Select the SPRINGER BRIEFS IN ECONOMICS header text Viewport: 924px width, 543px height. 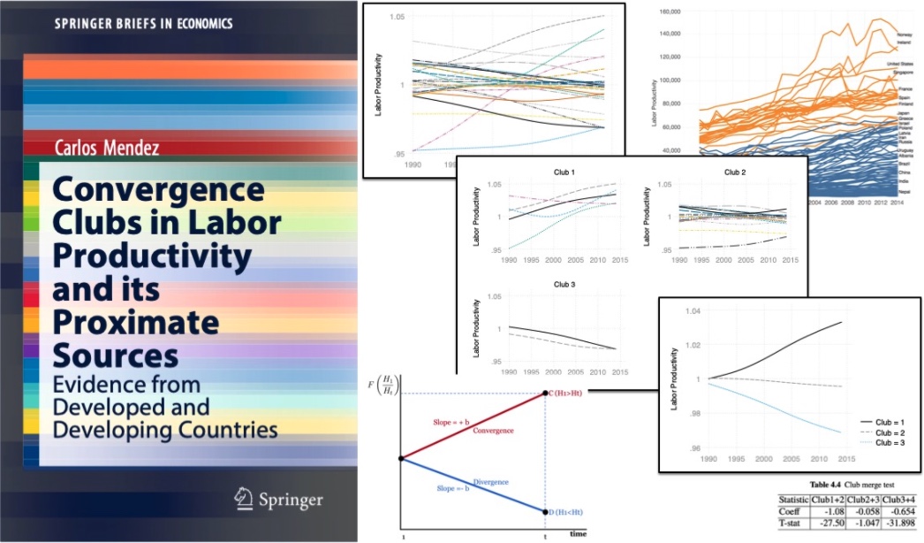132,24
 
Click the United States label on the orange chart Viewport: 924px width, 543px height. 900,65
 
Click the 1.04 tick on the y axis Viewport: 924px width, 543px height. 691,311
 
